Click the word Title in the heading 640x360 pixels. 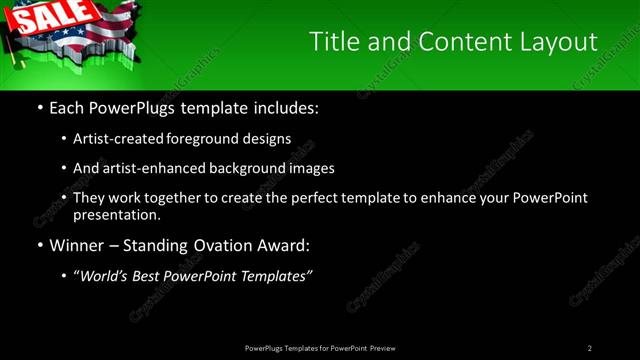click(332, 41)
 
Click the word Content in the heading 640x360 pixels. click(447, 41)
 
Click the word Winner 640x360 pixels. click(78, 244)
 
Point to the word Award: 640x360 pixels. click(284, 244)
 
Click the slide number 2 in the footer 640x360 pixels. click(590, 348)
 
